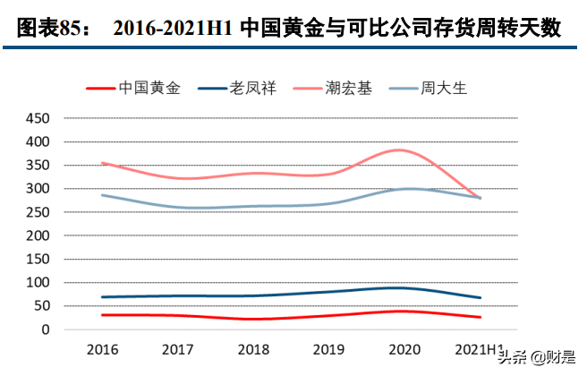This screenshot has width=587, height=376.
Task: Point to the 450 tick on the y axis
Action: [38, 119]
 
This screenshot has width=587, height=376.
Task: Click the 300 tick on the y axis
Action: [38, 189]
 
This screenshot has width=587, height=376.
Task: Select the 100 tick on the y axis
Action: [38, 283]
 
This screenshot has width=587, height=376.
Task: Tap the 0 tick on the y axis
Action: [45, 329]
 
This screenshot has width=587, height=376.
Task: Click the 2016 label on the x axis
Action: [103, 347]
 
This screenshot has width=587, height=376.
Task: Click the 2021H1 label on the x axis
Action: [480, 347]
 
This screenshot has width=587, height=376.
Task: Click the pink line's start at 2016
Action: [103, 163]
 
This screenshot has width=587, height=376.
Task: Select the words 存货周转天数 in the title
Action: [503, 30]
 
